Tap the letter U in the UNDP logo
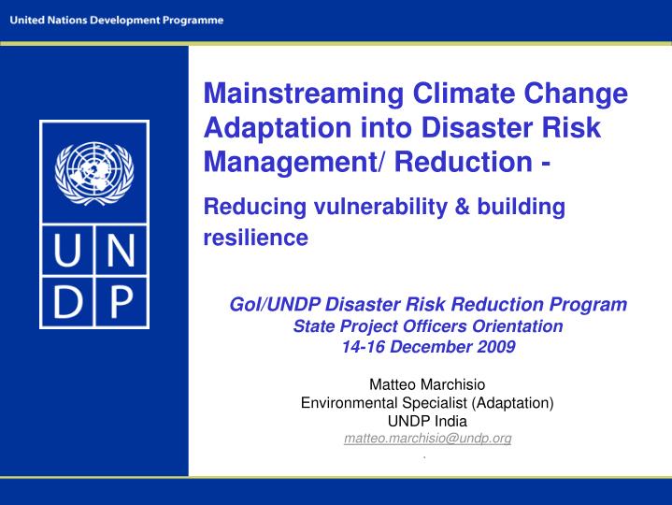coord(67,252)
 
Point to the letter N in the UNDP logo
coord(119,252)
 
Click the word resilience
coord(255,238)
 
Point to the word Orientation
coord(520,325)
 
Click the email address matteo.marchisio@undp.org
coord(427,438)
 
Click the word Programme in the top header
coord(191,21)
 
